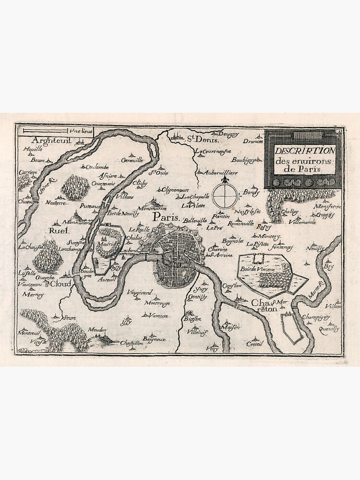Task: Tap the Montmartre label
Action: tap(152, 209)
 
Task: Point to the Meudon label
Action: tap(96, 330)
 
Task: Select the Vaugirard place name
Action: tap(139, 292)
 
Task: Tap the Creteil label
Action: tap(255, 344)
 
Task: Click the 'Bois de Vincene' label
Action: tap(258, 269)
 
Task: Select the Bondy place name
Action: tap(251, 192)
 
